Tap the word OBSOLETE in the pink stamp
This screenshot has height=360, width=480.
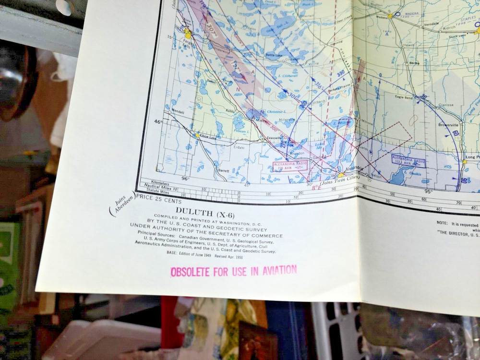point(190,272)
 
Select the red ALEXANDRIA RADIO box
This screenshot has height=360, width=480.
point(290,166)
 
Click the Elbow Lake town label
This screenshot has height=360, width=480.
point(207,138)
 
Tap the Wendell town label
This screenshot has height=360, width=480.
point(178,111)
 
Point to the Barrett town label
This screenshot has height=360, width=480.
point(224,170)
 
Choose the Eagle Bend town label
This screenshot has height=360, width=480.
point(404,97)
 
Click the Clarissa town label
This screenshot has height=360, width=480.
point(446,104)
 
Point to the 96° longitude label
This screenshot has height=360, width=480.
point(185,179)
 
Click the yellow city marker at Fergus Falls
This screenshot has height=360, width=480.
point(188,35)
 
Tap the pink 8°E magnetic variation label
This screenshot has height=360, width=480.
point(317,187)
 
